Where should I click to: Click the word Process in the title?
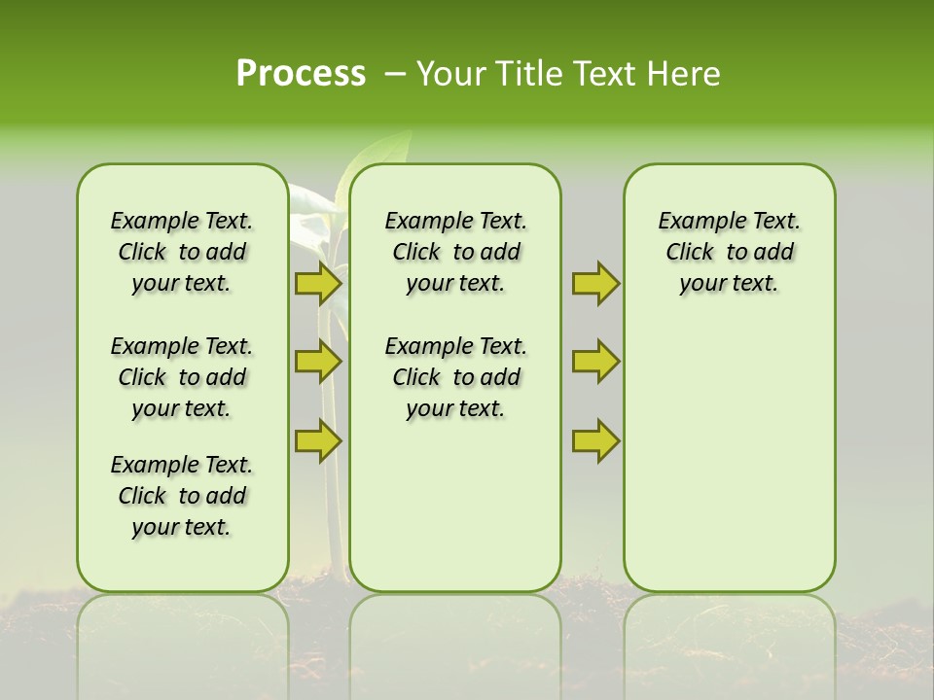click(301, 74)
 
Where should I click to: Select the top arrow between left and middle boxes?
click(317, 283)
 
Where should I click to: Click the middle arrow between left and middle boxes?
click(317, 362)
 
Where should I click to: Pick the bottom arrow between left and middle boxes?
click(317, 440)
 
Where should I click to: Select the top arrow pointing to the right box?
click(595, 283)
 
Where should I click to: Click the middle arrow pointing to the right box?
click(595, 362)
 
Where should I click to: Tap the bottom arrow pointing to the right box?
click(595, 440)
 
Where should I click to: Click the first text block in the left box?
click(182, 252)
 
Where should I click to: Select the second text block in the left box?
click(182, 377)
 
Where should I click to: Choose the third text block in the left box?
click(182, 496)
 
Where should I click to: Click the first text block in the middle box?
click(455, 252)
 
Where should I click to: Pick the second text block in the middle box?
click(455, 377)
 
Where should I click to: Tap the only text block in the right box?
click(729, 252)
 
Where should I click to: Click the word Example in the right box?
click(697, 222)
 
